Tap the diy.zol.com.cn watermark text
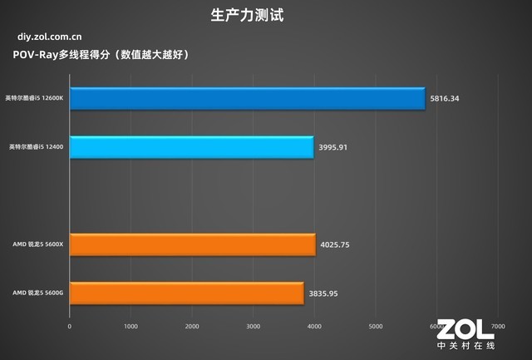point(49,37)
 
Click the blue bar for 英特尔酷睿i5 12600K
point(247,99)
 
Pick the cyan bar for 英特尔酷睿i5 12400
point(191,147)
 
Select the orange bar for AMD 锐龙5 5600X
point(192,244)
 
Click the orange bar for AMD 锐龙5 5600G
point(186,293)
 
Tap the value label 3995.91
point(333,147)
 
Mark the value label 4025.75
point(335,244)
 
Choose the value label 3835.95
point(323,293)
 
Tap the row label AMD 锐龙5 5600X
point(37,244)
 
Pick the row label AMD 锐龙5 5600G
point(37,293)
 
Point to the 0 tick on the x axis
point(70,325)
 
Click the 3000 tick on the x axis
point(254,325)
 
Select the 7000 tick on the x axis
point(498,325)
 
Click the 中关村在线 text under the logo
point(465,347)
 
